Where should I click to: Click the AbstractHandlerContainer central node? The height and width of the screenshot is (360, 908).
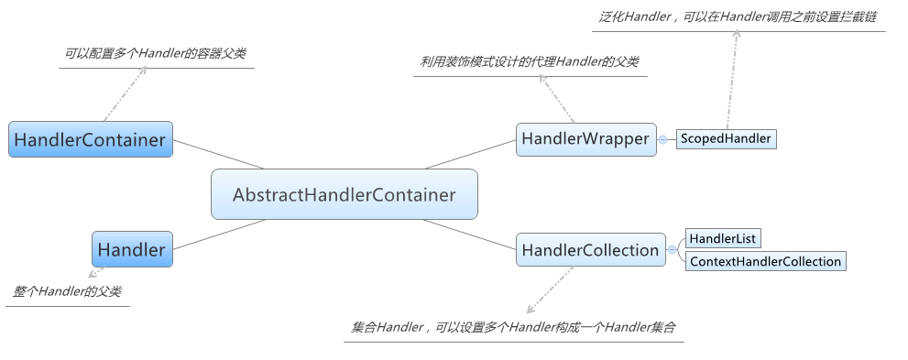click(344, 194)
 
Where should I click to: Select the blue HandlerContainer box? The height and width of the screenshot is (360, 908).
click(90, 139)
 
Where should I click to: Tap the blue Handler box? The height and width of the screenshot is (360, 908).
click(132, 249)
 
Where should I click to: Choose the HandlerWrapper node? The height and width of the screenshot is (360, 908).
click(585, 138)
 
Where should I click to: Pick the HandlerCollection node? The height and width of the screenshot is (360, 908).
click(590, 250)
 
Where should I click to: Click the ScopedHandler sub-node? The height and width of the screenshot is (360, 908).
click(725, 139)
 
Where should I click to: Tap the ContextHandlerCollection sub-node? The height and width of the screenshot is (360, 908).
click(765, 261)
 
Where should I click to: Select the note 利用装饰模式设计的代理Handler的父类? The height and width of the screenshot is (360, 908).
click(530, 61)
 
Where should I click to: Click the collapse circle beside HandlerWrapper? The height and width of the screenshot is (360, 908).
click(662, 139)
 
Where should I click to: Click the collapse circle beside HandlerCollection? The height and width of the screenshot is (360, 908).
click(672, 250)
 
